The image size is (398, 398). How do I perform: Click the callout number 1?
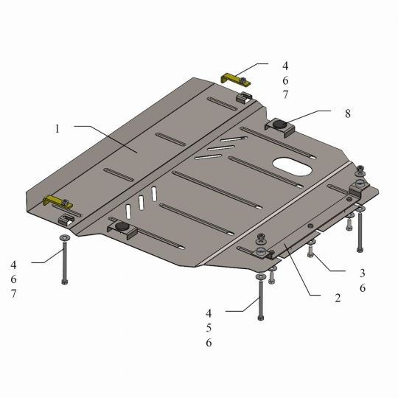57,129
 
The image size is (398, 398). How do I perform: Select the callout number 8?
348,114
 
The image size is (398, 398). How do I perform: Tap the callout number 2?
338,298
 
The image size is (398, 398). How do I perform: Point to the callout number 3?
363,273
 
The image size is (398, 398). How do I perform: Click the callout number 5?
209,328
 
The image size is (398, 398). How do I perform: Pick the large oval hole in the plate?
292,167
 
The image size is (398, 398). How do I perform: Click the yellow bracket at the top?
236,79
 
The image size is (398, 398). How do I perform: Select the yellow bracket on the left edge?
58,202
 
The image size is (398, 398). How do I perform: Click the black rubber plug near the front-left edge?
122,226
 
